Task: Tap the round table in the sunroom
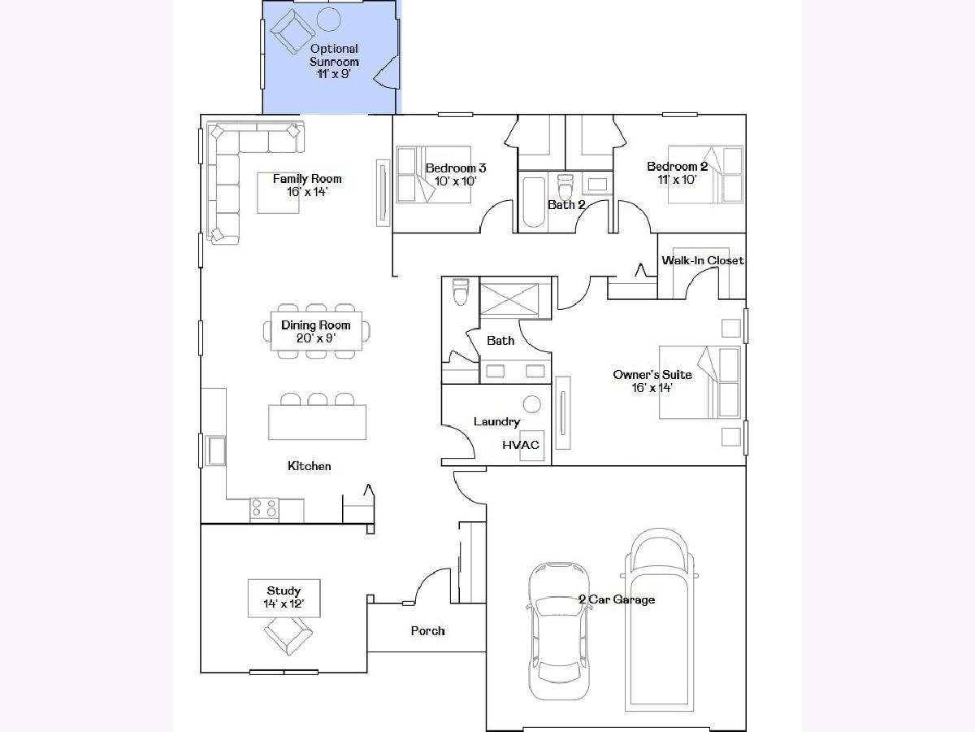tap(329, 20)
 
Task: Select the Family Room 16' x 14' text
tap(307, 185)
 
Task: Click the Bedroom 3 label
tap(456, 168)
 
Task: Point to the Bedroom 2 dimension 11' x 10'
tap(677, 179)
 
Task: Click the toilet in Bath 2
tap(565, 187)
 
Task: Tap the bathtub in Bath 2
tap(533, 203)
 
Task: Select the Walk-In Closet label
tap(703, 260)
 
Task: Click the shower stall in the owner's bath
tap(509, 300)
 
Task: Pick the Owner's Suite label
tap(652, 375)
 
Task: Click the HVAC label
tap(521, 445)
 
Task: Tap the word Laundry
tap(496, 422)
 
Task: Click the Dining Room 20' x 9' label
tap(316, 332)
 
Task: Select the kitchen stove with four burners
tap(265, 510)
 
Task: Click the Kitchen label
tap(310, 466)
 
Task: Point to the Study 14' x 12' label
tap(284, 597)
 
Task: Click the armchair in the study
tap(288, 636)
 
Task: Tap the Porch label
tap(427, 630)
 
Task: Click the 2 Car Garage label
tap(617, 599)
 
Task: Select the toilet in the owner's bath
tap(461, 291)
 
